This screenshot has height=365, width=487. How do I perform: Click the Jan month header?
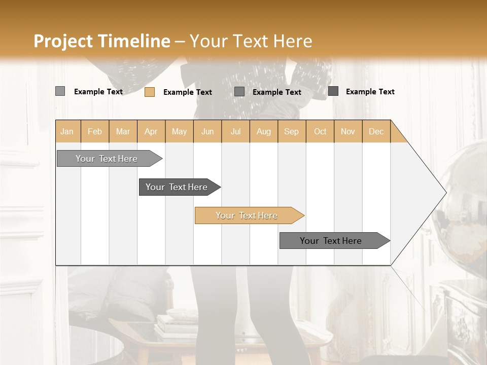coord(67,131)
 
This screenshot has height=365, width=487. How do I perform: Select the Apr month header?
coord(151,131)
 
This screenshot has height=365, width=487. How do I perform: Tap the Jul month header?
coord(236,131)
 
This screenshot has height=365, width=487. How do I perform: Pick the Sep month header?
coord(292,131)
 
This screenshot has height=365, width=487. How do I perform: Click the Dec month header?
coord(376,131)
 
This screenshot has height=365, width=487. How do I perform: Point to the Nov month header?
coord(348,131)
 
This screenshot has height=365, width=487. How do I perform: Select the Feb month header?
coord(95,131)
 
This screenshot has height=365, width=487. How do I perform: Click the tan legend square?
coord(150,92)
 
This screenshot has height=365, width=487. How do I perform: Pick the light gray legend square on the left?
coord(60,91)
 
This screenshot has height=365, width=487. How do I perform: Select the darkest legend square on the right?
coord(333,91)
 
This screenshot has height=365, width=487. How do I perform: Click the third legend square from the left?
coord(239,92)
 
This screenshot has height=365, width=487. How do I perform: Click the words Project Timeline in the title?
coord(101,41)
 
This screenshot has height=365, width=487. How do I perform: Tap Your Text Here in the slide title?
coord(251,41)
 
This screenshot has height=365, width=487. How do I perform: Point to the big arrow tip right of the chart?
coord(436,193)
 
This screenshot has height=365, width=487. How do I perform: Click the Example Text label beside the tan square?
coord(188,92)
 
